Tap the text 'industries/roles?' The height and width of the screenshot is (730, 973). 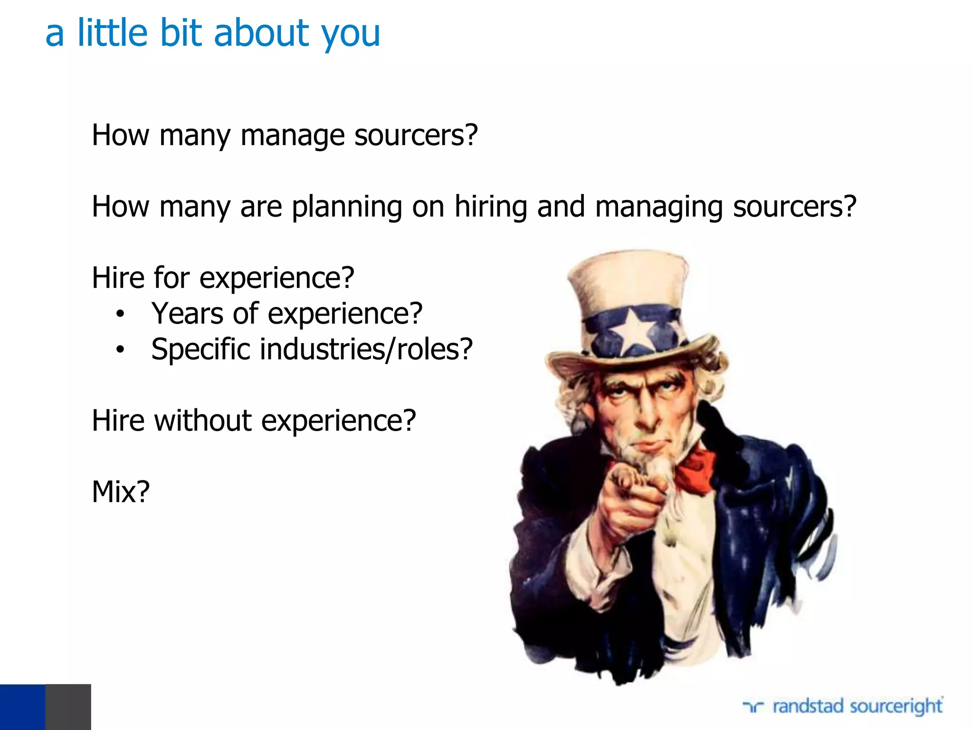click(366, 350)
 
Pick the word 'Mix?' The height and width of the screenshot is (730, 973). click(121, 492)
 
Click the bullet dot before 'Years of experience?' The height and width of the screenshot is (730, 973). click(120, 314)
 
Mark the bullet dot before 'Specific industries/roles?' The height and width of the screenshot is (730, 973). click(120, 350)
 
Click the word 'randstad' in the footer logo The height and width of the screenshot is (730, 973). click(807, 706)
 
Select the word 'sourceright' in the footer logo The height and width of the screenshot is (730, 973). click(896, 707)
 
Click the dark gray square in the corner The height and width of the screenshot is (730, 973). click(68, 707)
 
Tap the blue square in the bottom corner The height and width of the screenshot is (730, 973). click(22, 707)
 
